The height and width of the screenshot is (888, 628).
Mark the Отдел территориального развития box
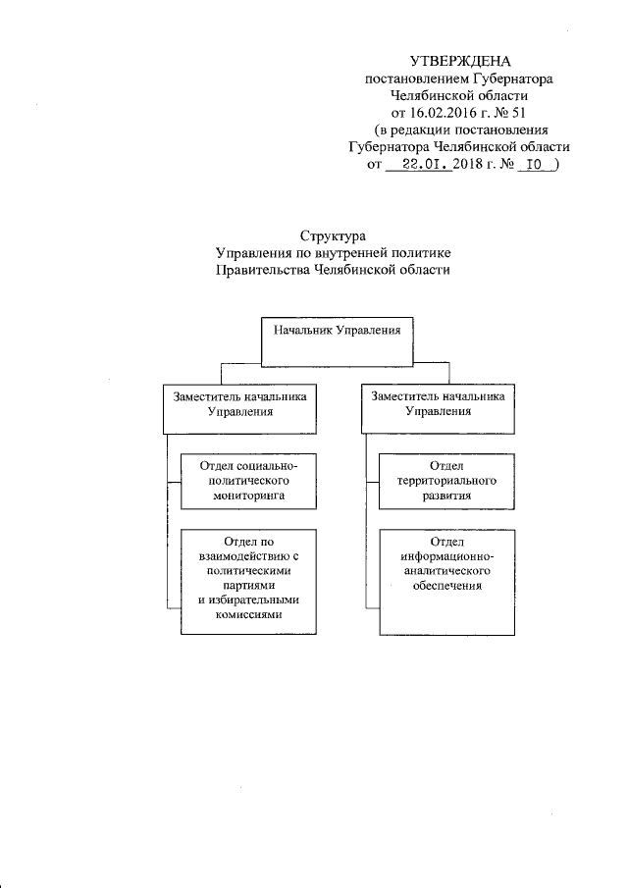[x=446, y=481]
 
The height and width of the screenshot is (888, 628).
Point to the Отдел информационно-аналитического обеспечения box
[x=446, y=580]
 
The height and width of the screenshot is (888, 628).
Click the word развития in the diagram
[x=446, y=497]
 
